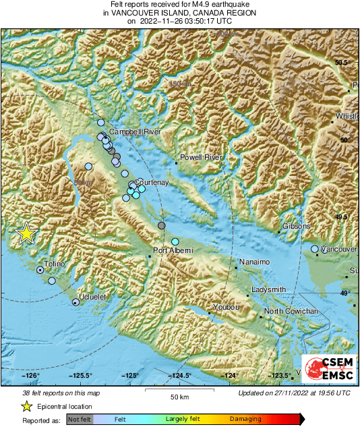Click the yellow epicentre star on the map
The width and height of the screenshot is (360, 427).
coord(26,233)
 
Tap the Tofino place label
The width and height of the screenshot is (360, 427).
coord(55,264)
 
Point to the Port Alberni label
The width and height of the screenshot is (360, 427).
coord(173,251)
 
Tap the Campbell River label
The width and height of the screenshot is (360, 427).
coord(135,132)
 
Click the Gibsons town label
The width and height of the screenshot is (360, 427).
coord(296,226)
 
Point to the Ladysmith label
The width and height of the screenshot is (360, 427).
coord(268,290)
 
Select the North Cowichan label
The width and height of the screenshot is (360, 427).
coord(291,311)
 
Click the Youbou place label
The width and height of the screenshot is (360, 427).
coord(225,308)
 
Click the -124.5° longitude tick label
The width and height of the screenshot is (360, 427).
coord(180,376)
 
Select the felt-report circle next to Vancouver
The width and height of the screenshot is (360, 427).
coord(315,250)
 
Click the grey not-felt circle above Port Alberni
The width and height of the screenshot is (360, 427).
coord(161,225)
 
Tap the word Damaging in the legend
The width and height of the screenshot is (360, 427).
coord(245,419)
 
